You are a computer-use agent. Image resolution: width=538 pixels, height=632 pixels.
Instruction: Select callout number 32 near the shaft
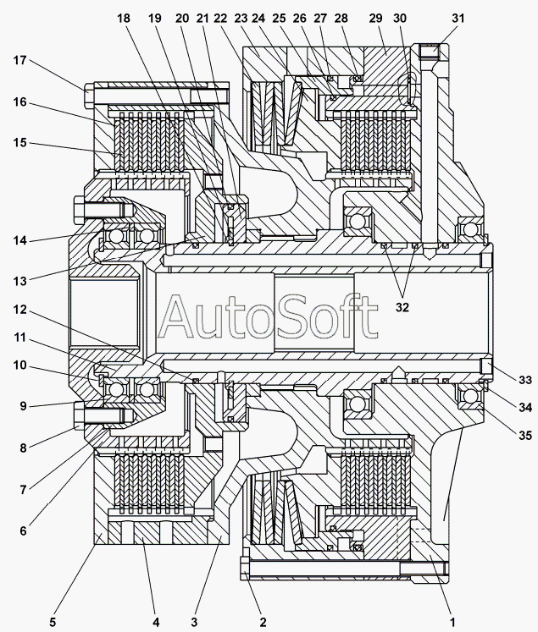pos(402,308)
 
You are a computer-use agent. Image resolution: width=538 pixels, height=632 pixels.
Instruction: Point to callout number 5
pos(53,622)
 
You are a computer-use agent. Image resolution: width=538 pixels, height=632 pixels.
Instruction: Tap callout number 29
pos(376,18)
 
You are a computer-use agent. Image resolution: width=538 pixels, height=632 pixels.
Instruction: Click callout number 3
pos(194,622)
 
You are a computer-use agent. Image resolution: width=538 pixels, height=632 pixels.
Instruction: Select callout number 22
pos(222,18)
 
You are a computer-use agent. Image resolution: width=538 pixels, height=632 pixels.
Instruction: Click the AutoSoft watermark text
pos(269,316)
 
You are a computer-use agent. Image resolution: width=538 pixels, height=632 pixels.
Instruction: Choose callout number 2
pos(263,622)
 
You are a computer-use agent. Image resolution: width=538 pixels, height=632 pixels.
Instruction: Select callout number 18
pos(124,18)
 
